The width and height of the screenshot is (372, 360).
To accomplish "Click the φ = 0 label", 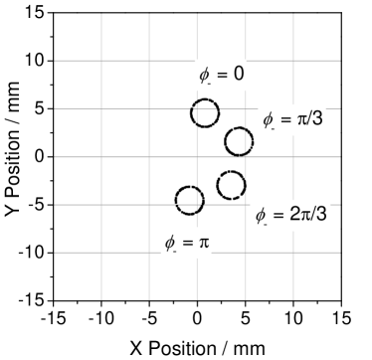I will [x=221, y=75].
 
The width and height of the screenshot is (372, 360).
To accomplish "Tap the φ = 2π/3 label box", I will [x=290, y=215].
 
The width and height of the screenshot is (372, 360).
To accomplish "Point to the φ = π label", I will [x=186, y=243].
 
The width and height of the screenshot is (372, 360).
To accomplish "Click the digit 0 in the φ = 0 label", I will [x=239, y=75].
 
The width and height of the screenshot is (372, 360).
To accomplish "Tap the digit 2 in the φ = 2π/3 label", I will [x=294, y=215].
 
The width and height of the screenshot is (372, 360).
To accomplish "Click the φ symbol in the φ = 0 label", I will [x=204, y=76].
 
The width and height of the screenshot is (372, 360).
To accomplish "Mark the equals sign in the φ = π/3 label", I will [x=284, y=120].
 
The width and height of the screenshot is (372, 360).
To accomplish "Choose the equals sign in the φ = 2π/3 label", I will [x=279, y=215].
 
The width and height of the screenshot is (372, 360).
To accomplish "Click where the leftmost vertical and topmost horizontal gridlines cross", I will [x=101, y=61].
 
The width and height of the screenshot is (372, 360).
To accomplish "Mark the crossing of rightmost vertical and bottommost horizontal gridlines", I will [x=293, y=253].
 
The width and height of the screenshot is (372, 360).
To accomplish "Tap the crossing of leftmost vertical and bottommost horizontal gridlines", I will [x=101, y=253].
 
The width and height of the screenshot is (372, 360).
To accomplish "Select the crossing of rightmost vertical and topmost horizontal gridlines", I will [x=293, y=61].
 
